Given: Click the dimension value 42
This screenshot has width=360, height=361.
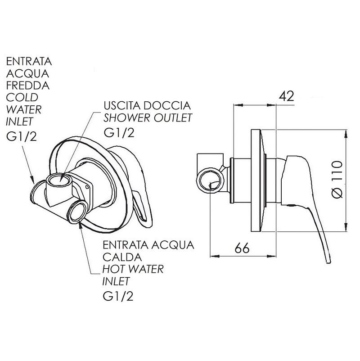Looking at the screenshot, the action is (x=286, y=96).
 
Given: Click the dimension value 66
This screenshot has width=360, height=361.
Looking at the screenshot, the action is (x=242, y=248).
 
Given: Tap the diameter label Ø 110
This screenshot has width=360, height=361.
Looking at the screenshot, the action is (x=337, y=180).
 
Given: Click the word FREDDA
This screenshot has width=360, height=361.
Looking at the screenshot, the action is (x=27, y=86).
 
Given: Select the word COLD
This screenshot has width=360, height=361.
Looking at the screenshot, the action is (x=22, y=97).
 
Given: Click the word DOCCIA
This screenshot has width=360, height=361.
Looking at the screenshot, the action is (x=167, y=106).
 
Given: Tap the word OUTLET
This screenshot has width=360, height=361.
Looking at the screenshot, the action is (x=173, y=118).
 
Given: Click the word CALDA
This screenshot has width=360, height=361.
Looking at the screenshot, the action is (x=122, y=257).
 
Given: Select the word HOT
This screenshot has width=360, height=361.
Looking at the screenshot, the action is (x=112, y=269).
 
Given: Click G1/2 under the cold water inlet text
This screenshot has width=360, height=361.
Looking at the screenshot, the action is (x=22, y=137).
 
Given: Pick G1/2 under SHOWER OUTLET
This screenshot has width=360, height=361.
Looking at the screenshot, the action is (x=119, y=133).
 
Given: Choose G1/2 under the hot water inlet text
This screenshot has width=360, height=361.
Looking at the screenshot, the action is (x=118, y=296).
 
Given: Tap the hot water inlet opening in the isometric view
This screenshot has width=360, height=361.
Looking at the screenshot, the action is (x=77, y=212).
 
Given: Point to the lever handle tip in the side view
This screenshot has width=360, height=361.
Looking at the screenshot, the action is (x=328, y=262).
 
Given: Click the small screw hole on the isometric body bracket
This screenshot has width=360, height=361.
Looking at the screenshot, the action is (x=86, y=187).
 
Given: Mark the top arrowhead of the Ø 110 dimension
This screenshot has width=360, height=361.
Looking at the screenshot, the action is (x=346, y=134).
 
